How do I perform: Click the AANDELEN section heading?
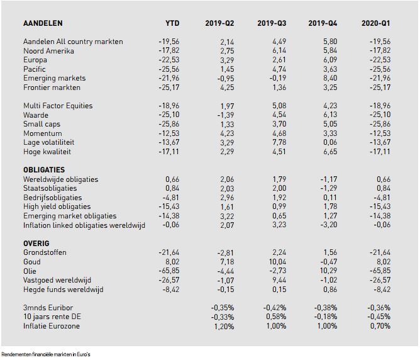(43, 23)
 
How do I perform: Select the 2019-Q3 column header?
(272, 23)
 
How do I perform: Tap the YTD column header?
(172, 23)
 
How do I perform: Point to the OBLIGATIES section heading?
(44, 170)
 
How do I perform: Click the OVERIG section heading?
(36, 244)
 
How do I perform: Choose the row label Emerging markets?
(54, 78)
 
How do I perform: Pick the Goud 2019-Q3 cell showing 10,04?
(277, 262)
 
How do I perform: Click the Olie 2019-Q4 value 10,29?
(328, 271)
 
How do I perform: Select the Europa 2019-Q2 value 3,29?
(227, 60)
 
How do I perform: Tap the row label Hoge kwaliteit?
(47, 152)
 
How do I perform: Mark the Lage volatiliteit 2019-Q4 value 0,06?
(330, 142)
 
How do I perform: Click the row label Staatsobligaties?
(50, 188)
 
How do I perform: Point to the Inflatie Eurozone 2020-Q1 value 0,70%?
(380, 326)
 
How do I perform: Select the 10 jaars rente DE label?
(52, 317)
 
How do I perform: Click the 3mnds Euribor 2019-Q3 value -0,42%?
(275, 308)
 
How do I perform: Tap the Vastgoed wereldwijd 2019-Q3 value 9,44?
(279, 280)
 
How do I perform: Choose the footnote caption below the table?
(46, 354)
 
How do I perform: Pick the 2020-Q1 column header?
(376, 23)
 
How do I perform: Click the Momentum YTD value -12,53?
(169, 133)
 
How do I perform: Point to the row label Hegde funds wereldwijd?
(64, 290)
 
